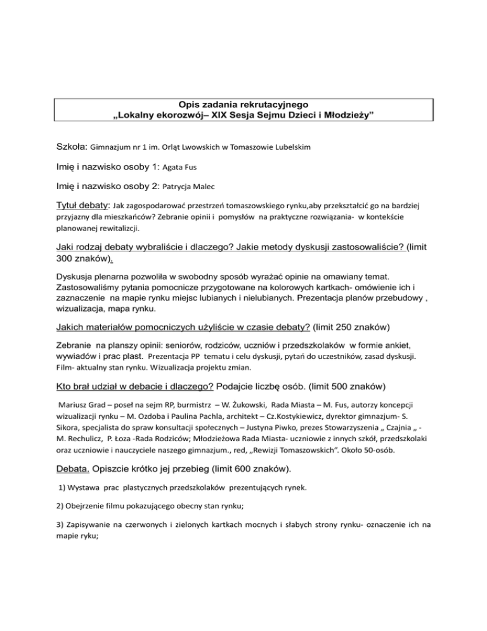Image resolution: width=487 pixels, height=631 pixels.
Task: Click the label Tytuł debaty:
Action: coord(79,206)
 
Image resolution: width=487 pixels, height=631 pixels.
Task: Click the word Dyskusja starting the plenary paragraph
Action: coord(77,277)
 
